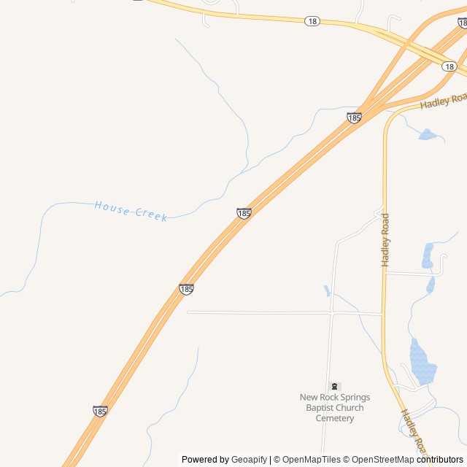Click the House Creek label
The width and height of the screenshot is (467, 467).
click(131, 211)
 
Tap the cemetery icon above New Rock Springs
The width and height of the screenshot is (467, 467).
click(335, 386)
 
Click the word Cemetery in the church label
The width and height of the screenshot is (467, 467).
click(335, 418)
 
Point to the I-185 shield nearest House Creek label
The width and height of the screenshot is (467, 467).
click(244, 213)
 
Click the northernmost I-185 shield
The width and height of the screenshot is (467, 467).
click(354, 117)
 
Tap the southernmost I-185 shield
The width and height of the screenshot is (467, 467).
click(101, 412)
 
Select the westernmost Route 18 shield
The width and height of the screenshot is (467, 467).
click(312, 21)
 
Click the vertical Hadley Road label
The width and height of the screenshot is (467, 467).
click(385, 239)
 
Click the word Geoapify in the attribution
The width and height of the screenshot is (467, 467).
click(250, 460)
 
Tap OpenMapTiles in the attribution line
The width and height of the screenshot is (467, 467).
click(311, 460)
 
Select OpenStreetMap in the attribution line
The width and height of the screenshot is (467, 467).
click(383, 460)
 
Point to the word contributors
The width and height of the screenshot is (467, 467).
click(440, 460)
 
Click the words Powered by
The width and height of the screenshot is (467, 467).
click(205, 460)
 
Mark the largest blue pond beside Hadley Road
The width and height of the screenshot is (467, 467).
click(422, 363)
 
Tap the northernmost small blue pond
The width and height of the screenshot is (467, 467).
click(428, 134)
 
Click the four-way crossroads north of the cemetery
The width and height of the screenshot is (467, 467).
click(333, 313)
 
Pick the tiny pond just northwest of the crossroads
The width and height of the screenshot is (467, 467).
click(327, 290)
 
